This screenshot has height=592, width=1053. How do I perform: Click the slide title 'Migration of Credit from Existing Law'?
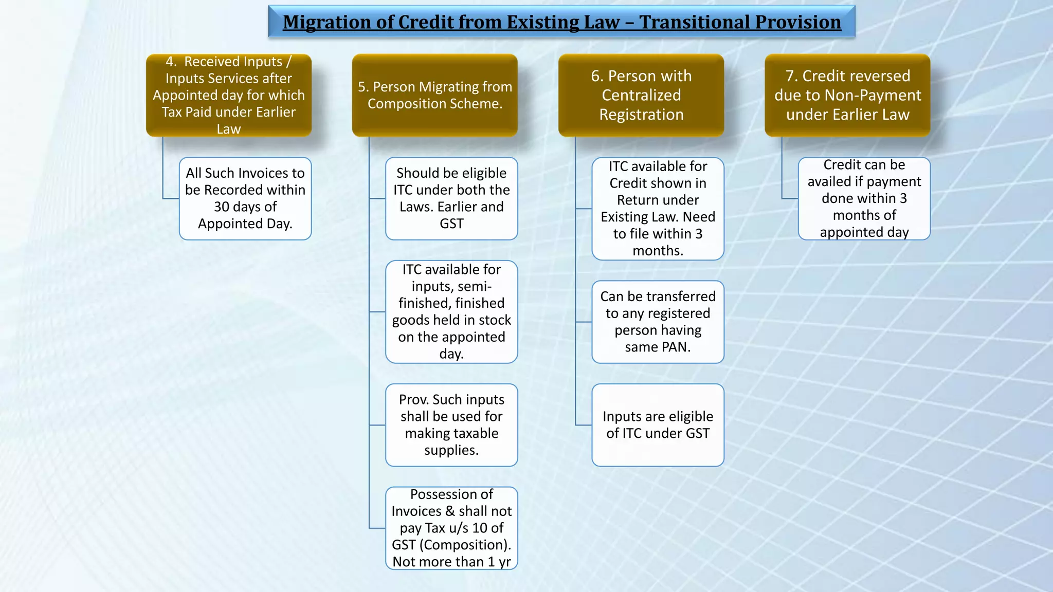tap(561, 22)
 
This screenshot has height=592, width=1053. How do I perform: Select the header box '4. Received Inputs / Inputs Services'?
tap(229, 95)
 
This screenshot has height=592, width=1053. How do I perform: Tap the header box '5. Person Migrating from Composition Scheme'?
tap(435, 95)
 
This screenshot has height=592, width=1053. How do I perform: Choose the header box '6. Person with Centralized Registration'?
tap(641, 95)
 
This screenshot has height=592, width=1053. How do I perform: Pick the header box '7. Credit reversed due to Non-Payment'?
tap(847, 95)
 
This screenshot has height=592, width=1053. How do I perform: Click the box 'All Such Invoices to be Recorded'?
tap(245, 198)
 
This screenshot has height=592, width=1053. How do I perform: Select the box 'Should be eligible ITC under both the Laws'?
tap(451, 198)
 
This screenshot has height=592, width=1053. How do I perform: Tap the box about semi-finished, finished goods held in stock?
tap(451, 311)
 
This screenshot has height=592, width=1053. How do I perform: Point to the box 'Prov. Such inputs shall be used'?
tap(451, 425)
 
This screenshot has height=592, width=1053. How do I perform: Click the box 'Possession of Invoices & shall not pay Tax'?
tap(451, 528)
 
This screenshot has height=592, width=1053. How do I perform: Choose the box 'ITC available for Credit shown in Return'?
tap(658, 209)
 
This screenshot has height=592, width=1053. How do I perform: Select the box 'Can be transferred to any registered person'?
tap(658, 322)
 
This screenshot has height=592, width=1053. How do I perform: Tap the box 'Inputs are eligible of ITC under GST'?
tap(658, 425)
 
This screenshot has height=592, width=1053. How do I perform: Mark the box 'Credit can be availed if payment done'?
tap(864, 198)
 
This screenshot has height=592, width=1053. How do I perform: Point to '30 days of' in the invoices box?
tap(245, 207)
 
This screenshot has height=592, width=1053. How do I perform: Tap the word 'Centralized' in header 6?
tap(641, 95)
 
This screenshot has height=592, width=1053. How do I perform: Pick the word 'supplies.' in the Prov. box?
tap(451, 450)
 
